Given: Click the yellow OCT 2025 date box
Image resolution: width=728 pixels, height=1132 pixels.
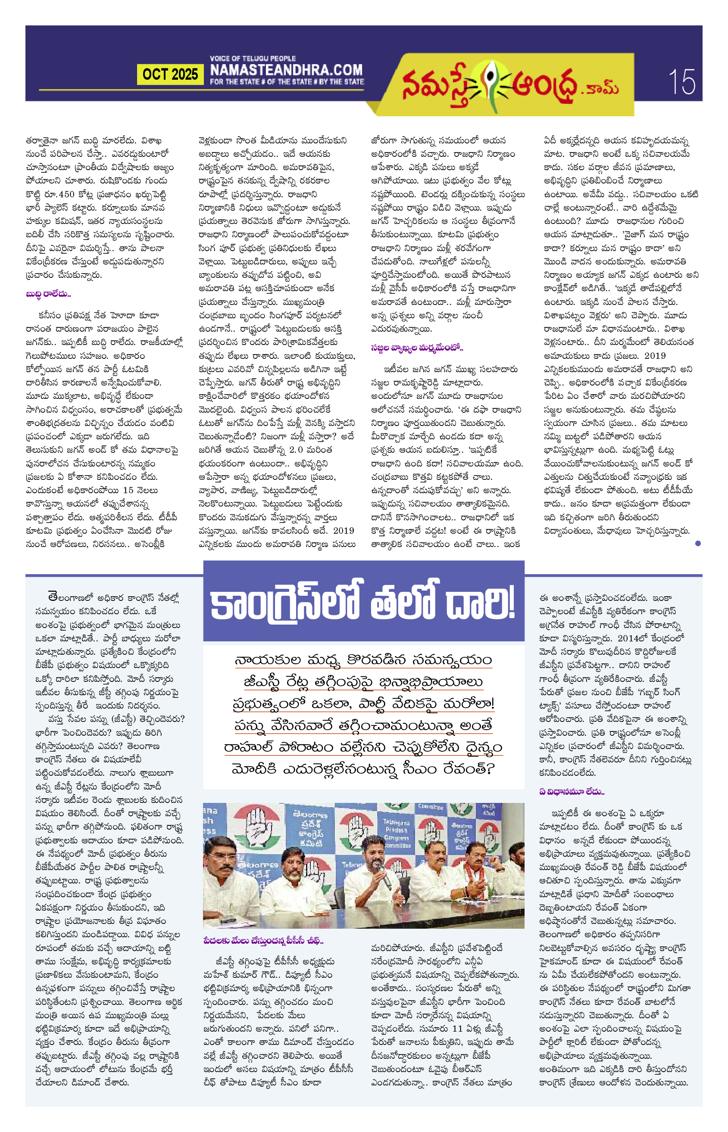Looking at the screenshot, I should (x=170, y=74).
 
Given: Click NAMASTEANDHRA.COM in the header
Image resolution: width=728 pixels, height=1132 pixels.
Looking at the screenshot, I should (x=286, y=70).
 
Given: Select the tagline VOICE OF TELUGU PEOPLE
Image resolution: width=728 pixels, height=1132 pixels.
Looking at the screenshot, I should (x=253, y=59).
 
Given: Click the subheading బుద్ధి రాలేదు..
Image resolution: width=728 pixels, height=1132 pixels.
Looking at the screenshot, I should (x=48, y=294).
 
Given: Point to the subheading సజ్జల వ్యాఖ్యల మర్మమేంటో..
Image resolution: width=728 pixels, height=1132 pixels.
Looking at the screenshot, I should (x=416, y=348).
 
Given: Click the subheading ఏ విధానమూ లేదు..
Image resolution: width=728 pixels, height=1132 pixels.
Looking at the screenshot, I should (x=572, y=791).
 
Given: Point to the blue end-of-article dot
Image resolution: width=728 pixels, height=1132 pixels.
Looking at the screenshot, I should (x=698, y=543).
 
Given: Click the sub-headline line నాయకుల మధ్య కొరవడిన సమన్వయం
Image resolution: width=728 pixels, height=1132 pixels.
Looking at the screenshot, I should (x=363, y=659).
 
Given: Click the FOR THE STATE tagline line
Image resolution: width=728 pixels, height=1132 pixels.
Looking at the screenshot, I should (x=287, y=82).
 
